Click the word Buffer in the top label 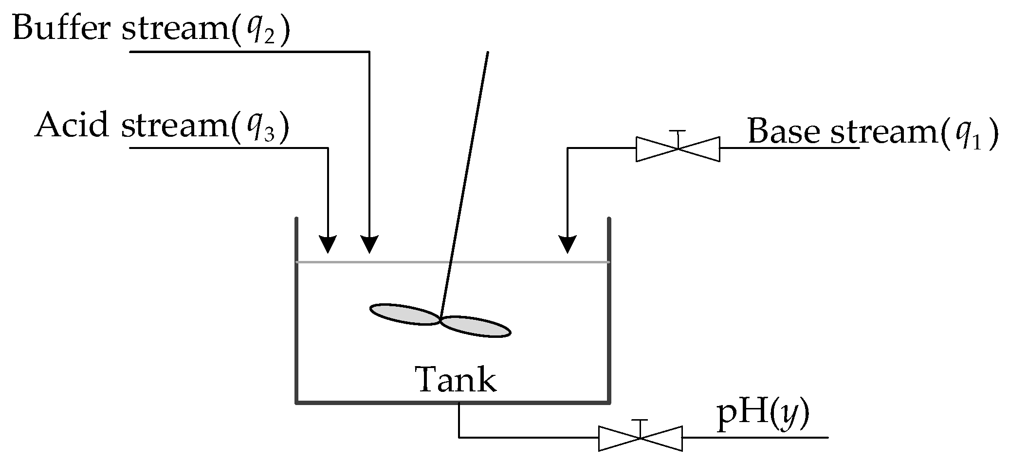pos(63,28)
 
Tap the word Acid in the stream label pos(72,125)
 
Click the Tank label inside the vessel pos(456,380)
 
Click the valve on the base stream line pos(678,148)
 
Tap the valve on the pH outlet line pos(640,438)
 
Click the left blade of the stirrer pos(404,314)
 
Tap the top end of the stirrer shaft pos(488,53)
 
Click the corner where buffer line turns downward pos(369,51)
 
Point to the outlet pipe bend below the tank pos(459,437)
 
